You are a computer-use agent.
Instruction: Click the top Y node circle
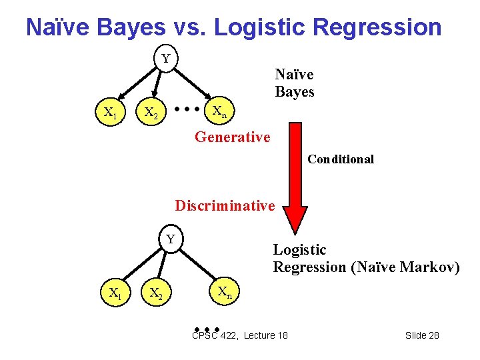click(165, 59)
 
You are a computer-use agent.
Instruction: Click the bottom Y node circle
click(171, 239)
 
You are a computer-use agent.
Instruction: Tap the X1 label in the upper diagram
click(111, 113)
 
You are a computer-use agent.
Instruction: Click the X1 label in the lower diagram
click(115, 292)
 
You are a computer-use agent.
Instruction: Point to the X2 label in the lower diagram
click(156, 293)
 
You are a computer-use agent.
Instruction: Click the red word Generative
click(232, 137)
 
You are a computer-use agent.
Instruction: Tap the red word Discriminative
click(225, 205)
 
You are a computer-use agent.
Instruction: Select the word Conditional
click(341, 159)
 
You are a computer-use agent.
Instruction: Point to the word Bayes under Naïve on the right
click(294, 92)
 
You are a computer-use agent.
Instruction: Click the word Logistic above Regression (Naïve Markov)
click(299, 250)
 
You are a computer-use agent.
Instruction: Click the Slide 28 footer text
click(422, 335)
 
